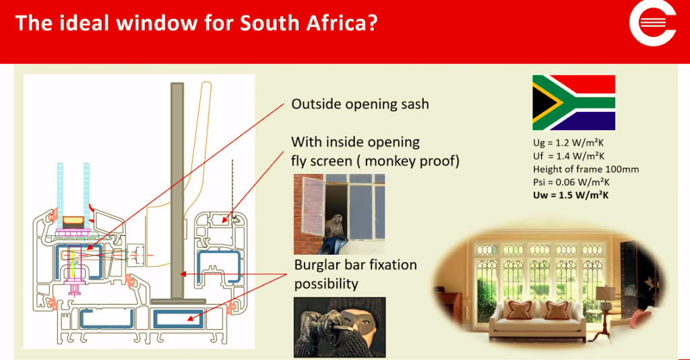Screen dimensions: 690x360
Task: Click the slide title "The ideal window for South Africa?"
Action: click(196, 22)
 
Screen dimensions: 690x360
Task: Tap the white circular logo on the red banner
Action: click(652, 22)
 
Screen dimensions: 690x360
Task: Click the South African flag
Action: click(573, 102)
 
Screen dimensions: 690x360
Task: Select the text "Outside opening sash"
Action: click(360, 104)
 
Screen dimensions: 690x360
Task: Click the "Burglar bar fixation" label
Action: click(356, 265)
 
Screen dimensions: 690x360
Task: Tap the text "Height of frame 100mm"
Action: click(586, 169)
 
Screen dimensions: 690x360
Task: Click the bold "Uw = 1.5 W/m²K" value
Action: click(571, 195)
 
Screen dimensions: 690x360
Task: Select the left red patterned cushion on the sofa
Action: click(520, 310)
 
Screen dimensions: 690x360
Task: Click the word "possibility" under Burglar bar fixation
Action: click(326, 284)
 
